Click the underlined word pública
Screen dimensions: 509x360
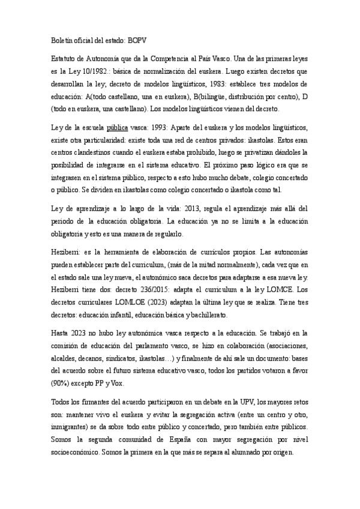click(x=117, y=128)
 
